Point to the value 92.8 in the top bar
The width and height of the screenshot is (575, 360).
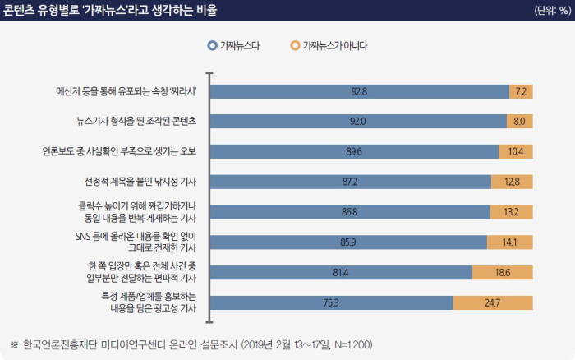pos(359,91)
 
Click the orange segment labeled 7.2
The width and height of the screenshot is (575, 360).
pos(521,91)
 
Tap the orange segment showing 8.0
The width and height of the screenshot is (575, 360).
pos(519,122)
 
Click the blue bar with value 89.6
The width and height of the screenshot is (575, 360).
pos(355,151)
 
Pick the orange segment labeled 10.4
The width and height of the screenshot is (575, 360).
pos(516,151)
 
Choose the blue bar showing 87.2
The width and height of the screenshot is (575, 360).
pos(351,181)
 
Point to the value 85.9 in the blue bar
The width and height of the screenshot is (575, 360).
pos(349,242)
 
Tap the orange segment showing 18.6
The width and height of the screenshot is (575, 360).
pos(503,272)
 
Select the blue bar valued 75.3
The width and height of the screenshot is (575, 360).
pos(331,302)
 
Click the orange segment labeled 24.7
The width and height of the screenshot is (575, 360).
pos(493,302)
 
